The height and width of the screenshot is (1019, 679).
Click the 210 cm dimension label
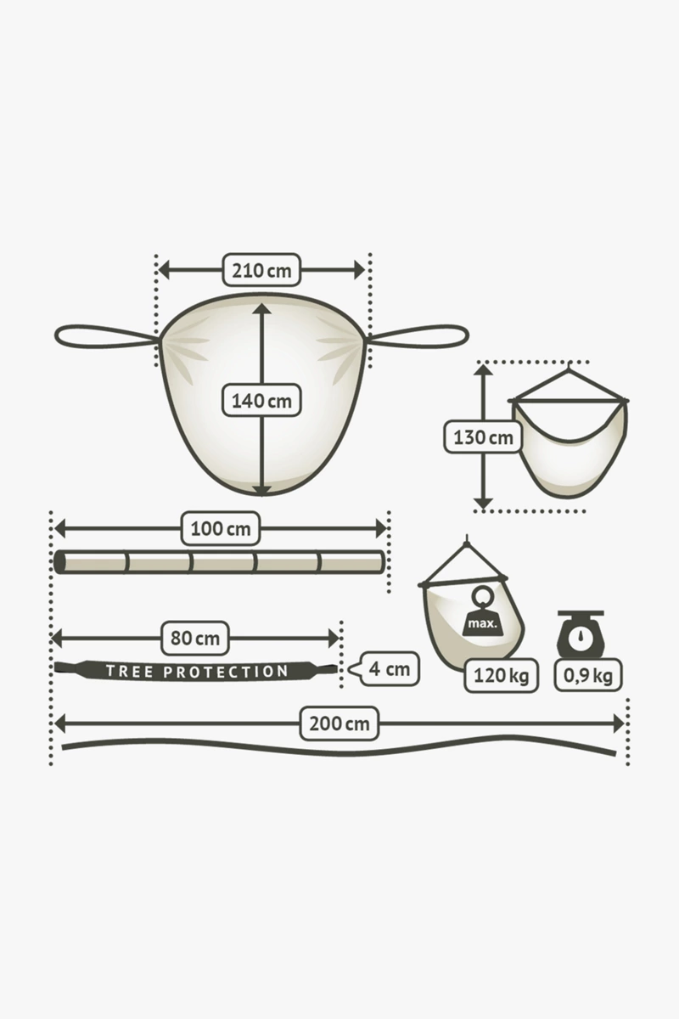click(261, 271)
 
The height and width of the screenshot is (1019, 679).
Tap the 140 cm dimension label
click(261, 400)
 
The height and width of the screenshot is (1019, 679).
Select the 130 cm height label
click(483, 436)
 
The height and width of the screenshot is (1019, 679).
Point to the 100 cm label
click(221, 528)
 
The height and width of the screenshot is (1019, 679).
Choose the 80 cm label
click(195, 638)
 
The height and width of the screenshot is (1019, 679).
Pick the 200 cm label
click(339, 723)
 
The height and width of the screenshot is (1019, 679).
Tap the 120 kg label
click(501, 676)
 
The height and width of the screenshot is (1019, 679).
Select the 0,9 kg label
click(588, 676)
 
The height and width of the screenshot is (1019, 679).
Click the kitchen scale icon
click(581, 633)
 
